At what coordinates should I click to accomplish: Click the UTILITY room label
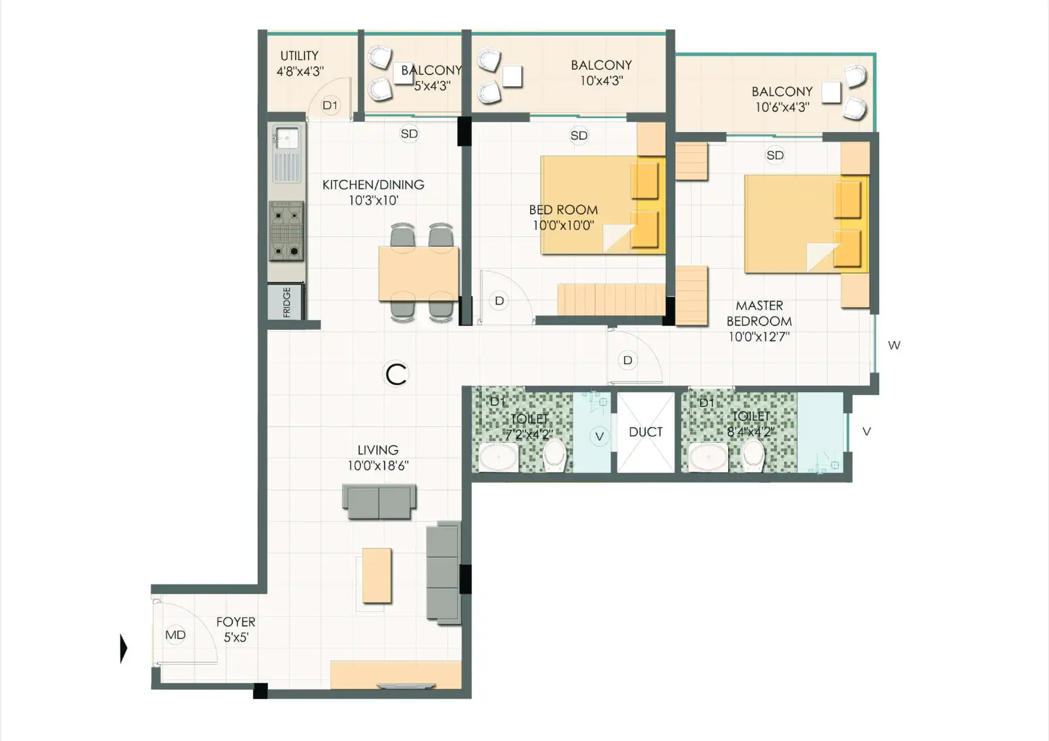299,56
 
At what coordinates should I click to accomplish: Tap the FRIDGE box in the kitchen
286,302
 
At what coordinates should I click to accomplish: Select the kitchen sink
286,153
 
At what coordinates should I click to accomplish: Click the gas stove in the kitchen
286,231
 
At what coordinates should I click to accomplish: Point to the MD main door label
175,635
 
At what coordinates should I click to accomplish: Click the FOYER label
236,622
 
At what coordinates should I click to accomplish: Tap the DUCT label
645,432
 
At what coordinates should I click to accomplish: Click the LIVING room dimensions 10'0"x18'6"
378,466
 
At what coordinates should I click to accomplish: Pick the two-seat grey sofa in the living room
379,501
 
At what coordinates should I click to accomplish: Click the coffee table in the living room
377,575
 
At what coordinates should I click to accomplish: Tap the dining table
418,274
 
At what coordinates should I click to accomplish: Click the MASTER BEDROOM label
759,314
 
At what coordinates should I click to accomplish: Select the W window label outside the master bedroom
894,345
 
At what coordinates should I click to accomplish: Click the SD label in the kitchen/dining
409,134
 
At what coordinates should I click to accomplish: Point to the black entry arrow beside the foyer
123,648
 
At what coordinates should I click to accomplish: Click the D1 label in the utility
330,105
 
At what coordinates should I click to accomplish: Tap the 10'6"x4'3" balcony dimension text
782,107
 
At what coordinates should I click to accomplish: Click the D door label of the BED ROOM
499,301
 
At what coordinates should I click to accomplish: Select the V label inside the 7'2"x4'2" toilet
599,436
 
